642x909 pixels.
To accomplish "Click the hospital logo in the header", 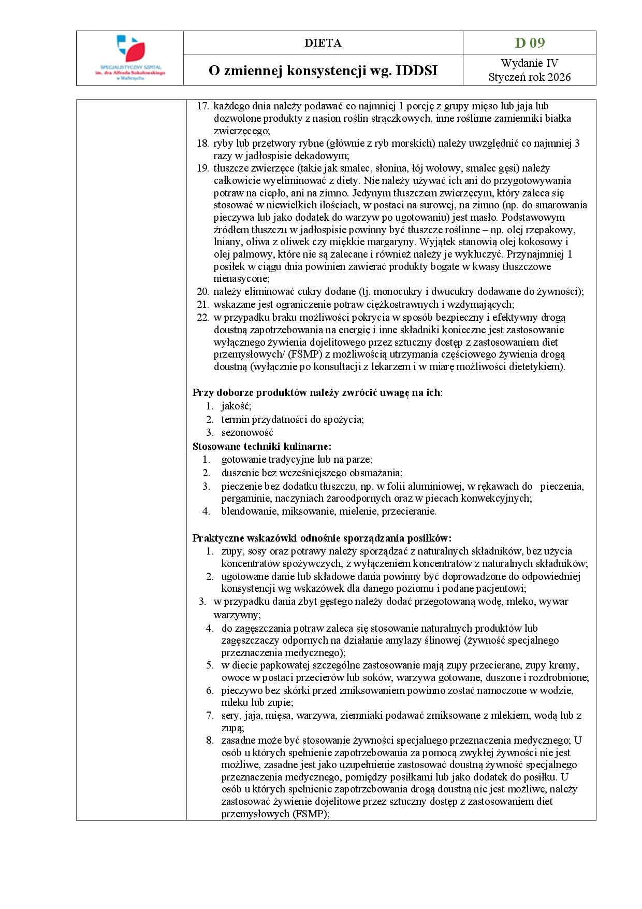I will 130,57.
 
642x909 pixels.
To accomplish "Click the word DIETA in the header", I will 323,43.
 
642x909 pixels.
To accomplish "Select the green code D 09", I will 529,42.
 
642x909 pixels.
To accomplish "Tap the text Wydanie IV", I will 529,63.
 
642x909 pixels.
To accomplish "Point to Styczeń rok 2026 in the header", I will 529,77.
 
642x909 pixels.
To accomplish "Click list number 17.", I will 202,106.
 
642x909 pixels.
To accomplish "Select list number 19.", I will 202,168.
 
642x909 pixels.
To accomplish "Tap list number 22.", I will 202,317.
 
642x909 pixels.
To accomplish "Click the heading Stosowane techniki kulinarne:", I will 262,446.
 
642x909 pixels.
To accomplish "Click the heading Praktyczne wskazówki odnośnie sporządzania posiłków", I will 322,538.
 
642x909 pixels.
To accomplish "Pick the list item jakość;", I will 236,406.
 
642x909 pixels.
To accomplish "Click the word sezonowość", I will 247,432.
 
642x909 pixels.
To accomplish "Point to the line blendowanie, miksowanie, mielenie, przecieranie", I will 329,512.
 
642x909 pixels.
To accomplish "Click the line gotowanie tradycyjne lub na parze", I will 297,459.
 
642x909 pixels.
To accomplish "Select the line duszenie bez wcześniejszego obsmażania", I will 312,473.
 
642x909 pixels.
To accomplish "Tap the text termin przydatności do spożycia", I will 292,419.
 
